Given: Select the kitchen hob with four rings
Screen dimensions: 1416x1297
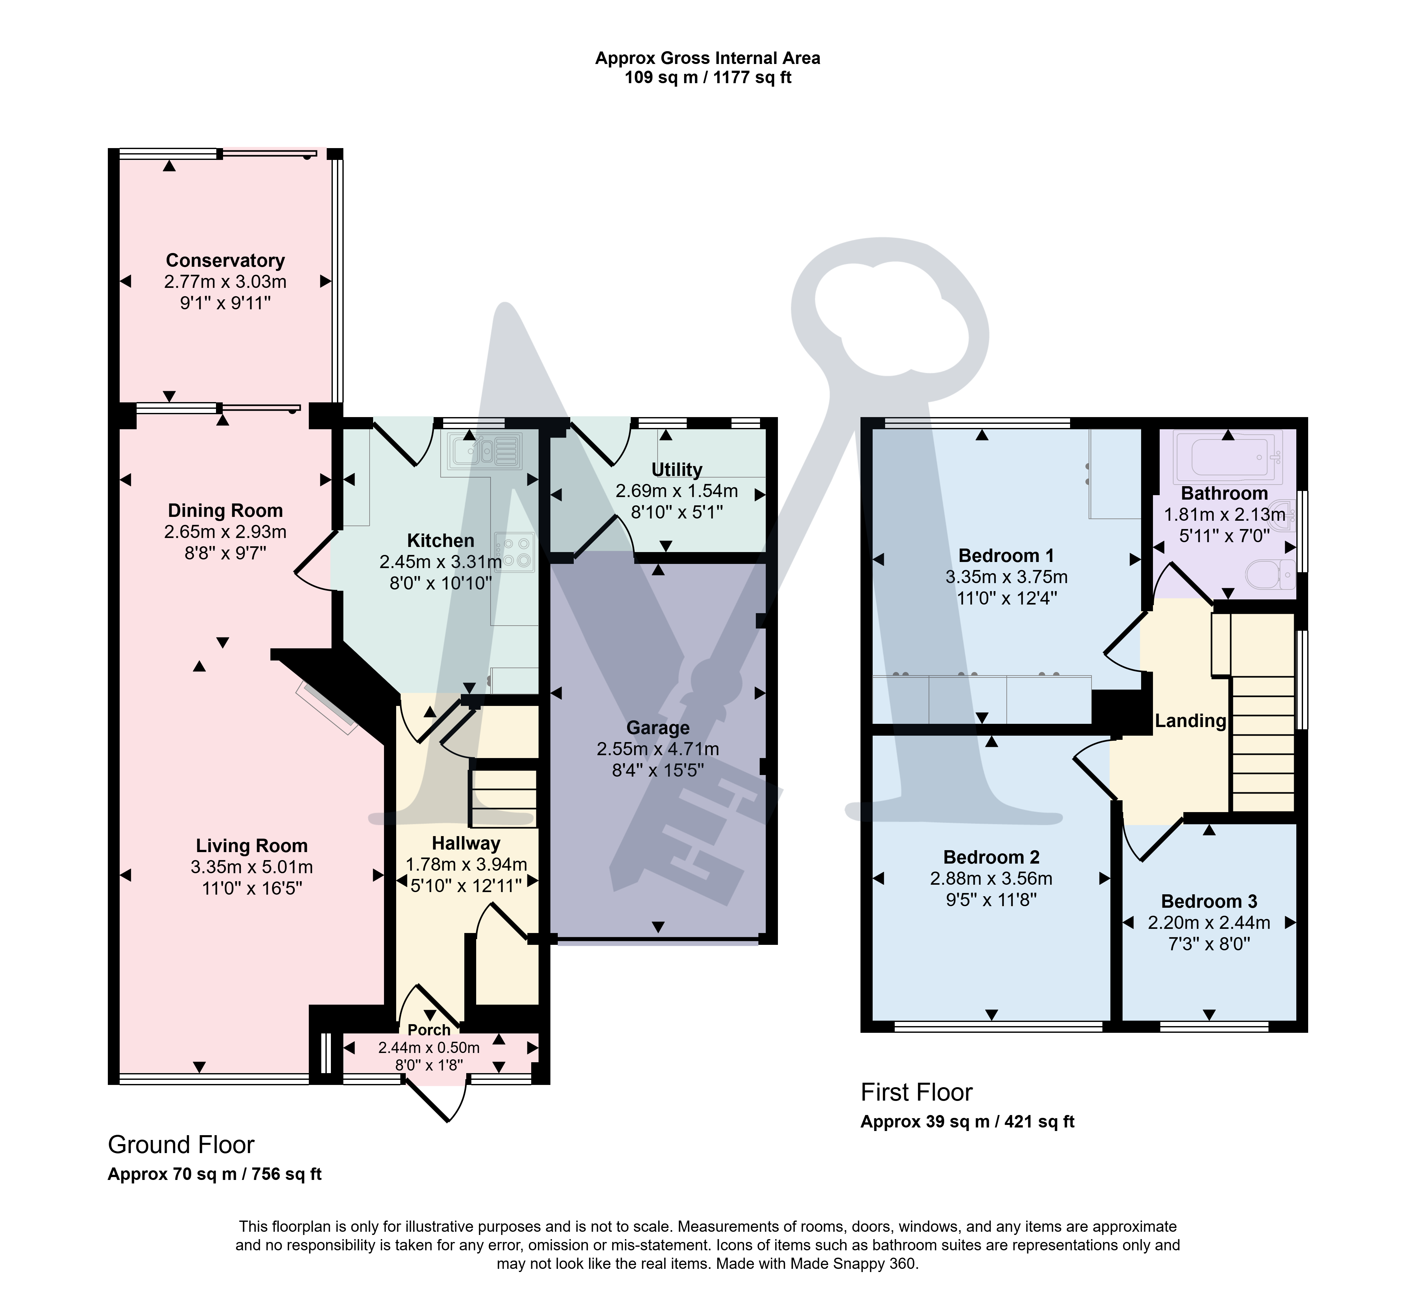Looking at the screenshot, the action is click(x=514, y=552).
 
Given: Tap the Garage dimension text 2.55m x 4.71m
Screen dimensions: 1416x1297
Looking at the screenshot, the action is click(x=658, y=749).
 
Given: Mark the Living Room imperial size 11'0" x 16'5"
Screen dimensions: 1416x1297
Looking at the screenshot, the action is click(x=252, y=888).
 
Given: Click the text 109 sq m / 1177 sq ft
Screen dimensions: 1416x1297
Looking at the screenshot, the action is click(x=708, y=77).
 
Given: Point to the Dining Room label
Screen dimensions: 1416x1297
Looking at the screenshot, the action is click(x=226, y=510).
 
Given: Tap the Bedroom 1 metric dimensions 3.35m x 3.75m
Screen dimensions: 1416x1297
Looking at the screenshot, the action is click(x=1006, y=577).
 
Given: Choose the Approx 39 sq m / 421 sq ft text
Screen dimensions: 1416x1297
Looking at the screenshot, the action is click(x=968, y=1121).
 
